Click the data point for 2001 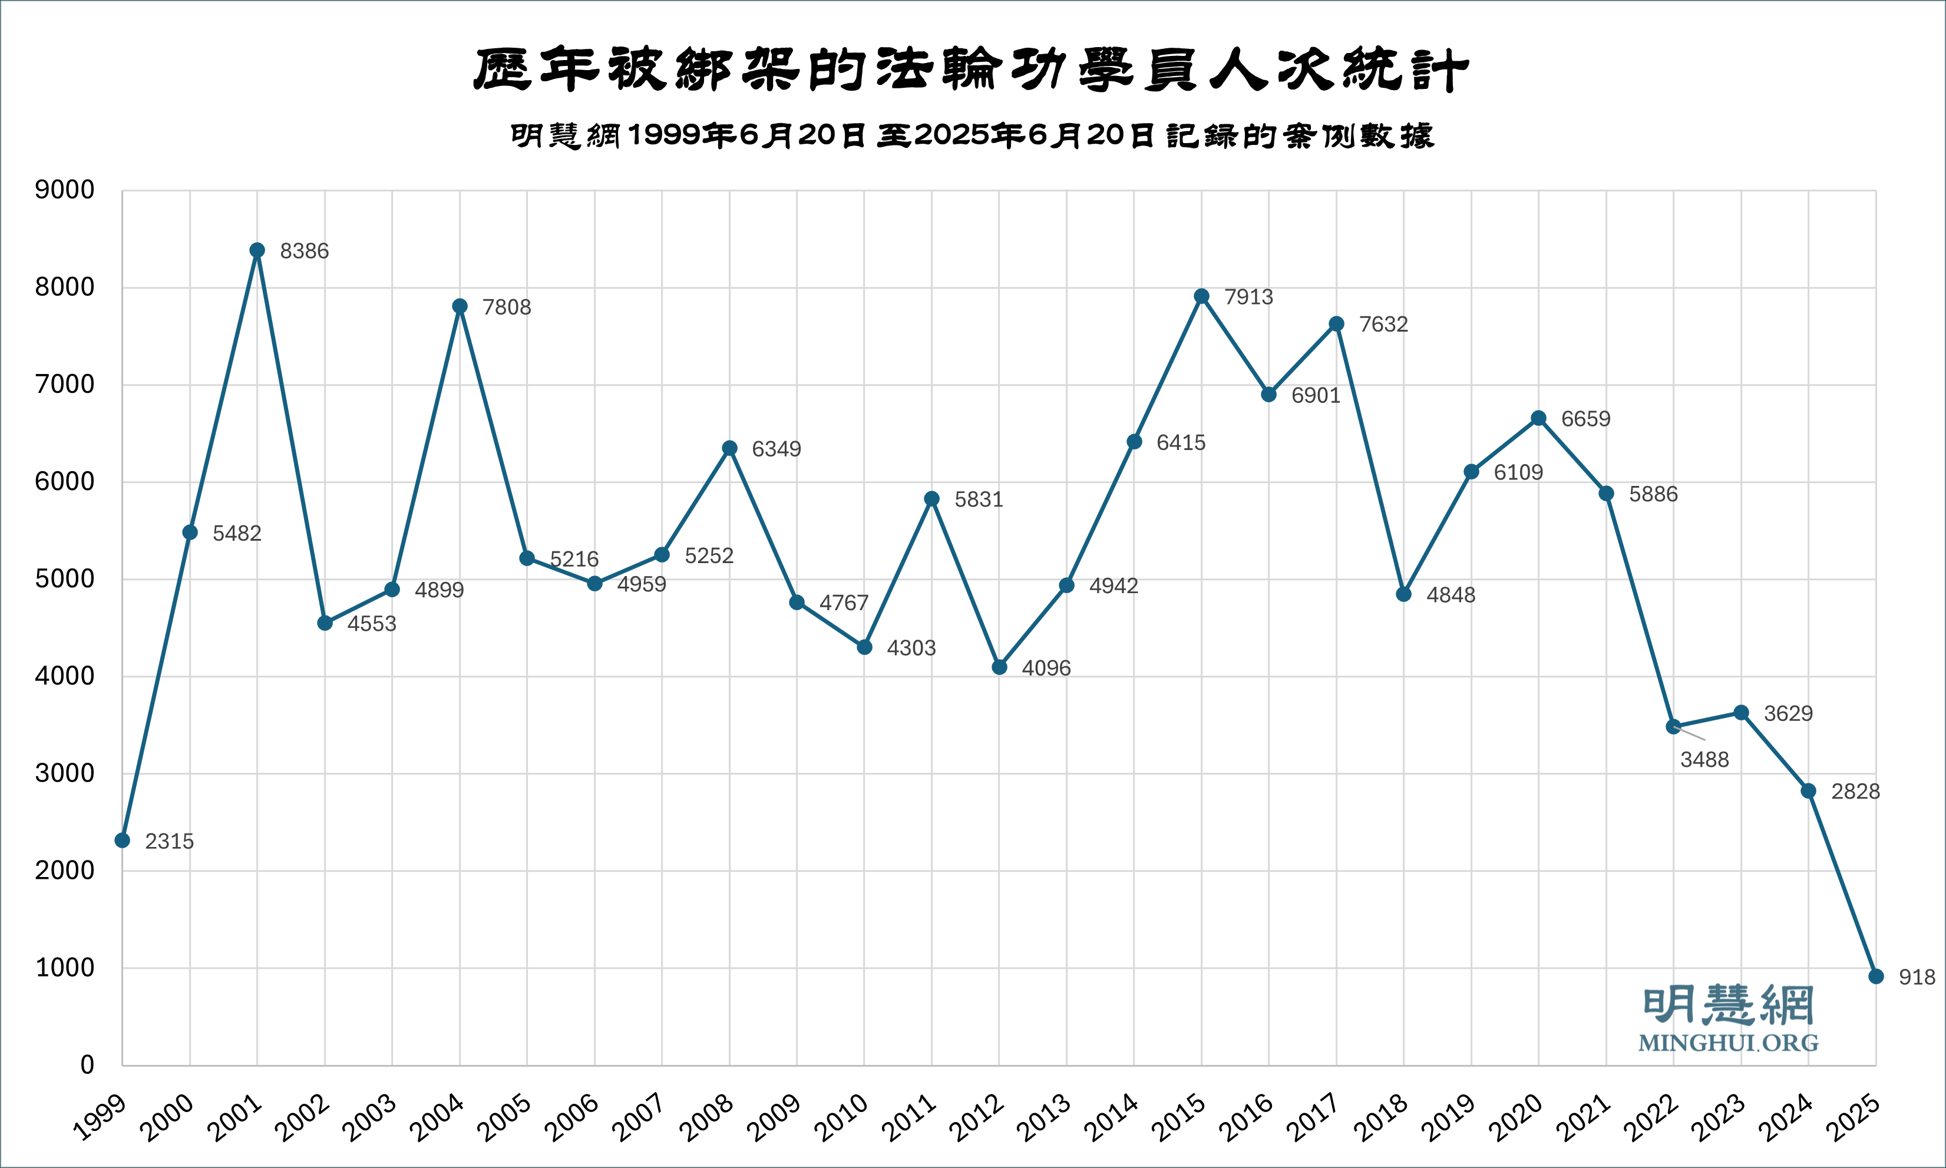pyautogui.click(x=257, y=250)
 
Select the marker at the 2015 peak pyautogui.click(x=1201, y=296)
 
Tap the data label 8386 pyautogui.click(x=304, y=251)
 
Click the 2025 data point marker pyautogui.click(x=1876, y=977)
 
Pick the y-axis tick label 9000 pyautogui.click(x=65, y=190)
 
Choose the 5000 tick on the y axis pyautogui.click(x=65, y=578)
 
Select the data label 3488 pyautogui.click(x=1704, y=759)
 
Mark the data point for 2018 pyautogui.click(x=1403, y=594)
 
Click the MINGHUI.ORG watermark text pyautogui.click(x=1729, y=1043)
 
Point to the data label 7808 pyautogui.click(x=506, y=307)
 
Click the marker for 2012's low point pyautogui.click(x=1000, y=667)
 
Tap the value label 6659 pyautogui.click(x=1585, y=419)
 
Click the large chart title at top pyautogui.click(x=972, y=70)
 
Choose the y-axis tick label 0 pyautogui.click(x=87, y=1065)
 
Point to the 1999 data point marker pyautogui.click(x=123, y=841)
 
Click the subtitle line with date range pyautogui.click(x=972, y=135)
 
